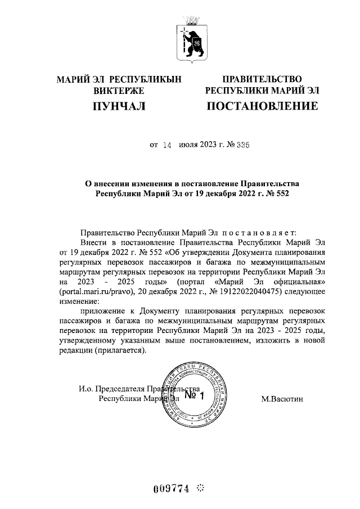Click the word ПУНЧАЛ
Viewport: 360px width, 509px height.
pos(119,106)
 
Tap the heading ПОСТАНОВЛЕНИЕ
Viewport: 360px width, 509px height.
pos(262,106)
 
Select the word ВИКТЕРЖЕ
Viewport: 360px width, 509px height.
pos(119,91)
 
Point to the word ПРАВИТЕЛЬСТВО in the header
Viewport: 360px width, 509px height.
pos(262,79)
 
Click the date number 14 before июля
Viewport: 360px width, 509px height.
pos(166,145)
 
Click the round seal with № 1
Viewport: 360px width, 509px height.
pos(193,397)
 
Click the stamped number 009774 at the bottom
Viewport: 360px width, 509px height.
pos(171,487)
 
